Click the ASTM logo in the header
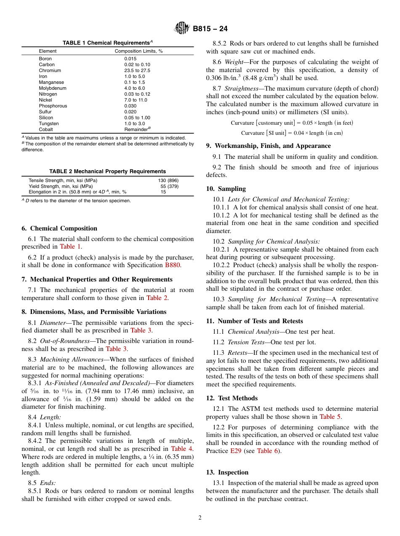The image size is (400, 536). pos(182,29)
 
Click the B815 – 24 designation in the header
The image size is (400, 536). pos(210,29)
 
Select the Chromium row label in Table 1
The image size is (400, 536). pos(50,70)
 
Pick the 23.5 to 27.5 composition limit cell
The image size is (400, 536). pos(137,70)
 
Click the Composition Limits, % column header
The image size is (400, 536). pos(139,51)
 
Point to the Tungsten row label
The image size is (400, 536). pos(49,123)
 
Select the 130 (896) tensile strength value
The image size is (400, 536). pos(168,180)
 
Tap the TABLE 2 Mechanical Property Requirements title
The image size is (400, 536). pos(107,172)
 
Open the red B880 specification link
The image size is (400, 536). pos(172,265)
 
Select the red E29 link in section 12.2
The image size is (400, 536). pos(235,450)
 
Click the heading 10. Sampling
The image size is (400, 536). pos(226,189)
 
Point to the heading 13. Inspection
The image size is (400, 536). pos(227,472)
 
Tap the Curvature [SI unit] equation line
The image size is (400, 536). pos(292,133)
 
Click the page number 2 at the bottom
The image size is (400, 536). pos(200,518)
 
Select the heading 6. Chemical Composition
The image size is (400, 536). pos(59,228)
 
